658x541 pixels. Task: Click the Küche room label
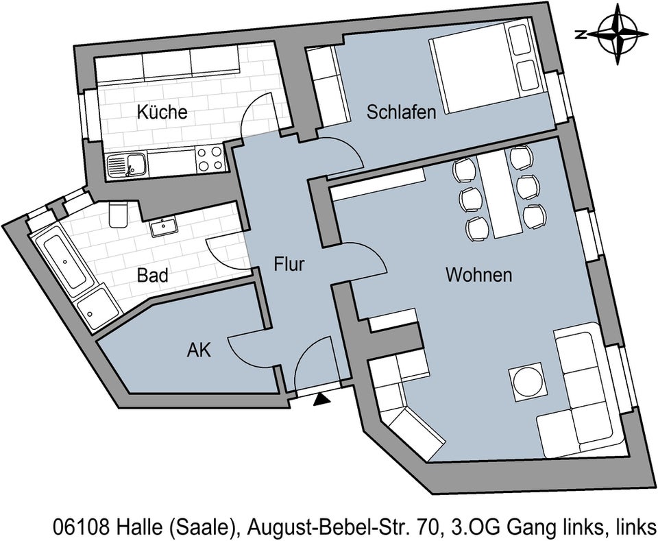click(x=162, y=112)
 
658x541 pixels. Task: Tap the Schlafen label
click(x=402, y=112)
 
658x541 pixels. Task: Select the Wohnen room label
click(x=479, y=276)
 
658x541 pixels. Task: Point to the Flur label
click(x=289, y=265)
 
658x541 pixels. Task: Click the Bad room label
click(x=153, y=276)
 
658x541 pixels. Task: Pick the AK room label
click(x=199, y=350)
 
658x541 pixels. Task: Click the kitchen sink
click(x=126, y=165)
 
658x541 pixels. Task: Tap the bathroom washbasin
click(x=163, y=227)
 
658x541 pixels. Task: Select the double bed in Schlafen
click(x=485, y=67)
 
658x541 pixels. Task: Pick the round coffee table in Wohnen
click(x=528, y=383)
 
